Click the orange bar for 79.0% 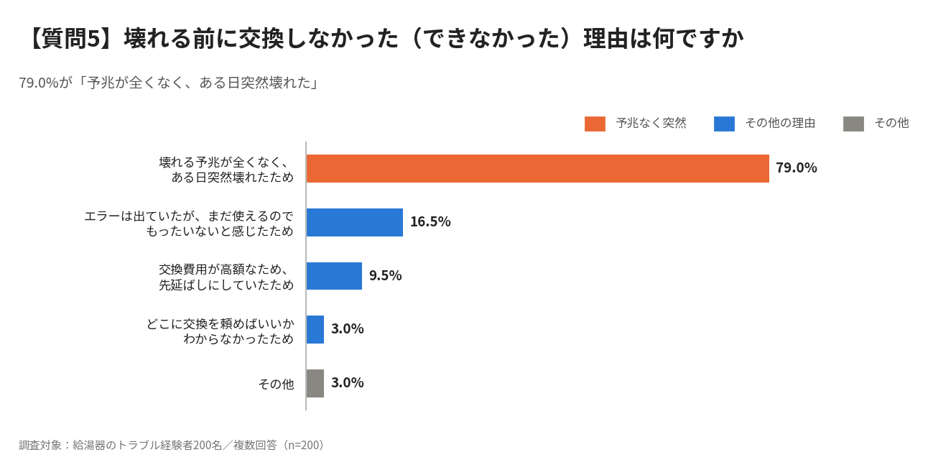point(538,168)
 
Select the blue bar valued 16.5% point(355,222)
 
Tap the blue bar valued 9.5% point(334,276)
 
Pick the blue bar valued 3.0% point(315,329)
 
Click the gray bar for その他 point(315,383)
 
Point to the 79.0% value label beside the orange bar point(797,168)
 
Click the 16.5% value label point(430,221)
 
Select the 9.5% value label point(385,275)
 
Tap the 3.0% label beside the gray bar point(347,382)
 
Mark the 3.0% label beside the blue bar point(347,329)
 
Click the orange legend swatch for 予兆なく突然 point(595,124)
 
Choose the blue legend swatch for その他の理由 point(724,124)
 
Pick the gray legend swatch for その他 point(853,124)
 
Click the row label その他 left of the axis point(276,384)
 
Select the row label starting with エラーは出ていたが point(189,224)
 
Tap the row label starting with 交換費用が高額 point(226,277)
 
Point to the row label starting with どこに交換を point(220,331)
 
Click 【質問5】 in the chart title point(71,39)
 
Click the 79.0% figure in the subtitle point(39,83)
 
